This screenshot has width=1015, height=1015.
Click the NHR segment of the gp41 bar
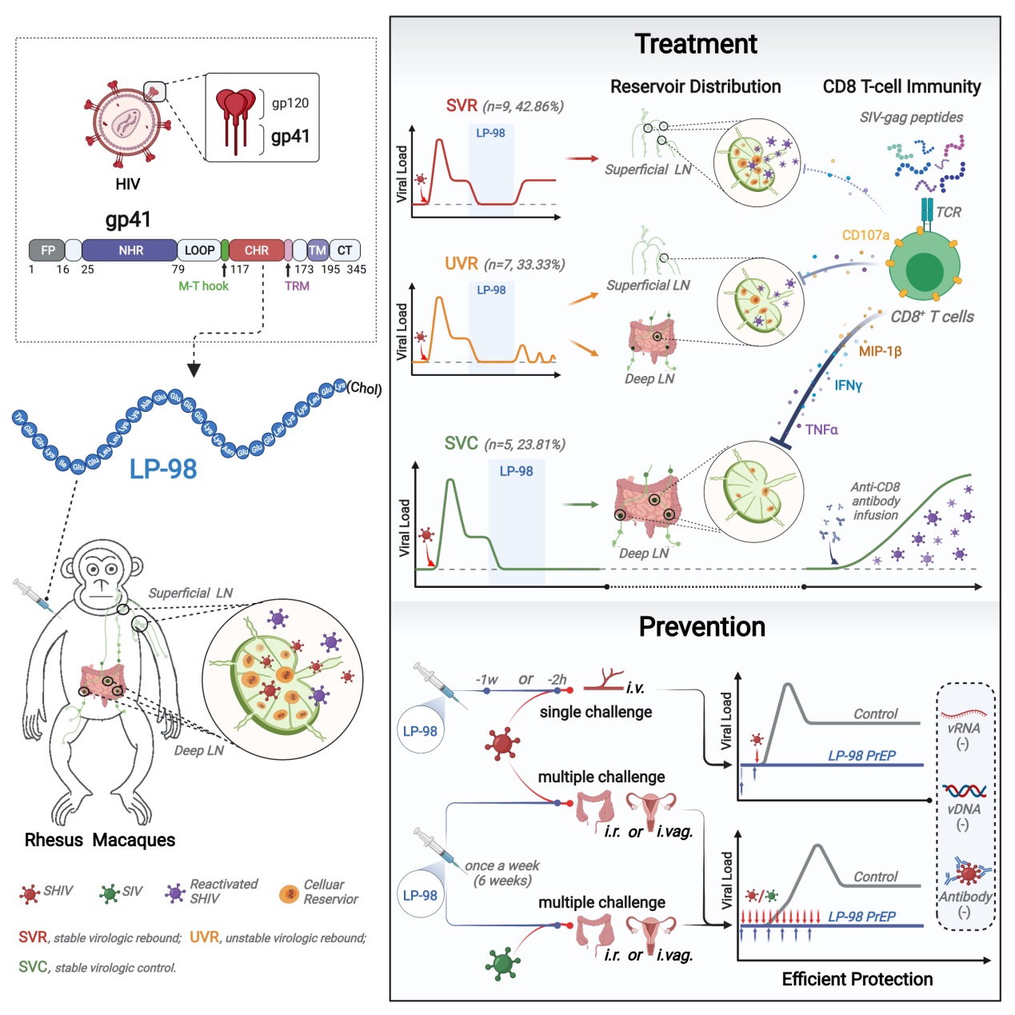click(x=130, y=250)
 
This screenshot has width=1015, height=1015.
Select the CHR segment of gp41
click(x=256, y=250)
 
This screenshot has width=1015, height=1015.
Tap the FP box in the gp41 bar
click(x=47, y=250)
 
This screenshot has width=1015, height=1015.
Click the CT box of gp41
click(x=345, y=250)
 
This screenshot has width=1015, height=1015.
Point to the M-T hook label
click(x=203, y=286)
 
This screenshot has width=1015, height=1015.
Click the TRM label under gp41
click(x=297, y=286)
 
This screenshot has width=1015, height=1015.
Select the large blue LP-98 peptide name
click(x=163, y=469)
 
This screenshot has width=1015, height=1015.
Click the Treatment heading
click(x=695, y=44)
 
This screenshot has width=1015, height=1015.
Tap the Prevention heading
click(x=701, y=626)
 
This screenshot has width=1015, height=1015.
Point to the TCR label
click(x=949, y=212)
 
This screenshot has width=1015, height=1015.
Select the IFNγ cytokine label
click(x=849, y=386)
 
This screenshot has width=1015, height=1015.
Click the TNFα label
click(x=821, y=430)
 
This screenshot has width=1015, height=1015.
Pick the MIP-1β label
click(x=880, y=351)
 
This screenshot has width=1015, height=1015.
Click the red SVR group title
click(x=462, y=106)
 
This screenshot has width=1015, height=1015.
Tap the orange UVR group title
click(x=462, y=264)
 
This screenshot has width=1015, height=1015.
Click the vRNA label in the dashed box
click(x=964, y=728)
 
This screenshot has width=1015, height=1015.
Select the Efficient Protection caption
click(x=857, y=979)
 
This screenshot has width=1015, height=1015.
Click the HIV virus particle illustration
click(x=128, y=122)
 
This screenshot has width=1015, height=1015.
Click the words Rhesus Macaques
click(x=100, y=840)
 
